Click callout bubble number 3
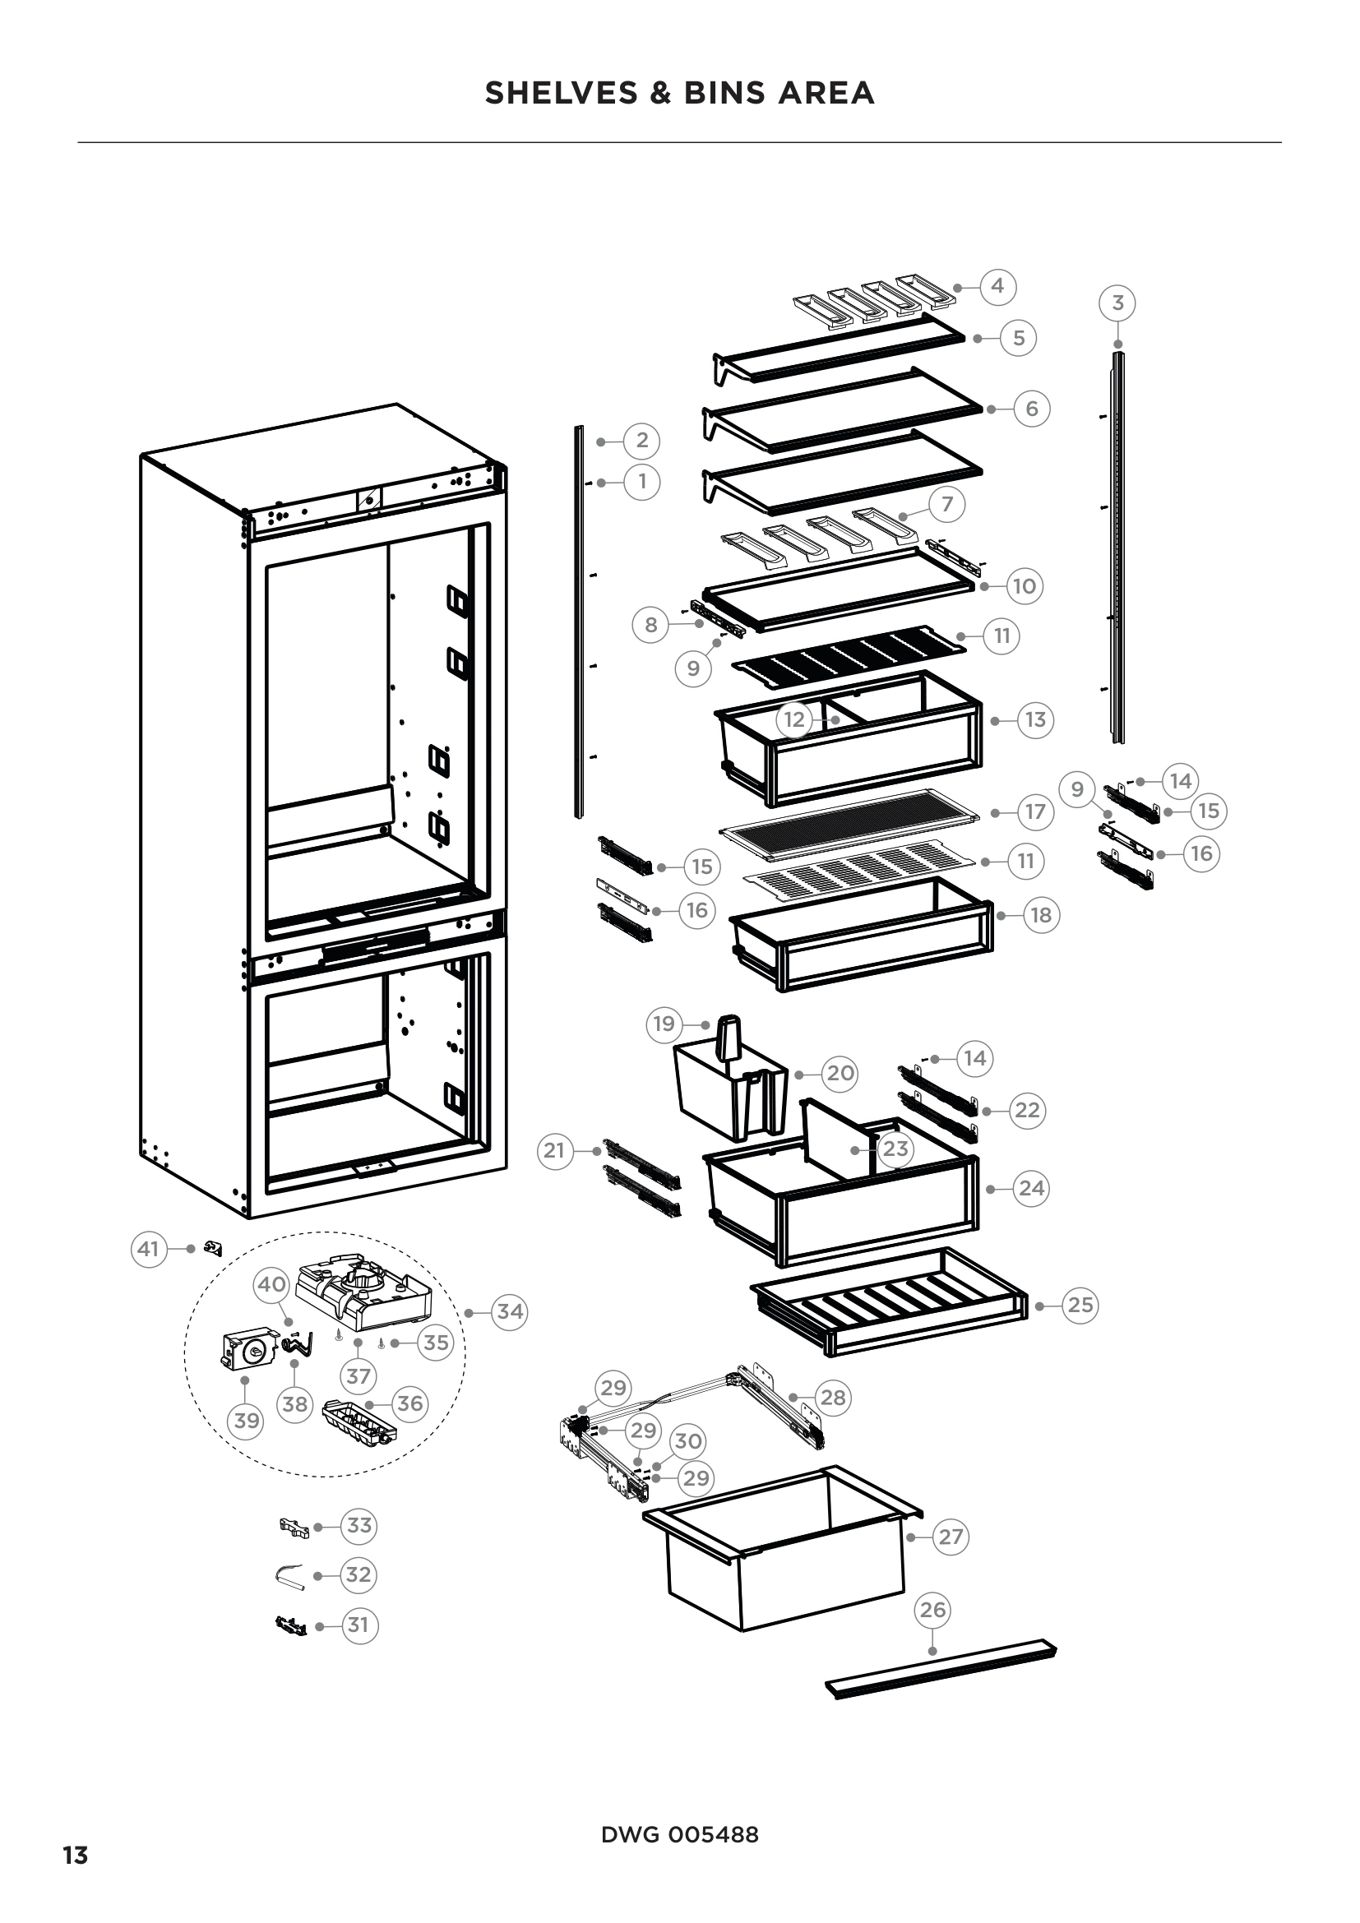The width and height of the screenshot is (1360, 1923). pos(1117,303)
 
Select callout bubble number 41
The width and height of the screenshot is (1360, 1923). pos(148,1249)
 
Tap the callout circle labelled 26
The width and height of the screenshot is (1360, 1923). pos(932,1610)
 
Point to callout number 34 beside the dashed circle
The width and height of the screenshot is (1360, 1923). pos(510,1311)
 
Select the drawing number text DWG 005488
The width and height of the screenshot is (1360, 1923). pos(679,1835)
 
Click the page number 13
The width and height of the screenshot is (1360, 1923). pos(76,1856)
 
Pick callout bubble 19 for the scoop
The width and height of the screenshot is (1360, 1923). pos(664,1024)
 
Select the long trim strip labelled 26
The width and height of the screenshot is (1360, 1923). pos(942,1668)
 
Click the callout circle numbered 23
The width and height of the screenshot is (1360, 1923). pos(895,1149)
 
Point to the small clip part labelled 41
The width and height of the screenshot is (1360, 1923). pos(215,1249)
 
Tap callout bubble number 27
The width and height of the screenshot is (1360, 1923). pos(951,1537)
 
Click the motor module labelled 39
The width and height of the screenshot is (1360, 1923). pos(247,1350)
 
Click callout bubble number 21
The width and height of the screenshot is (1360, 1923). pos(554,1151)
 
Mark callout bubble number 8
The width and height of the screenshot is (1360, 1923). pos(650,625)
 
